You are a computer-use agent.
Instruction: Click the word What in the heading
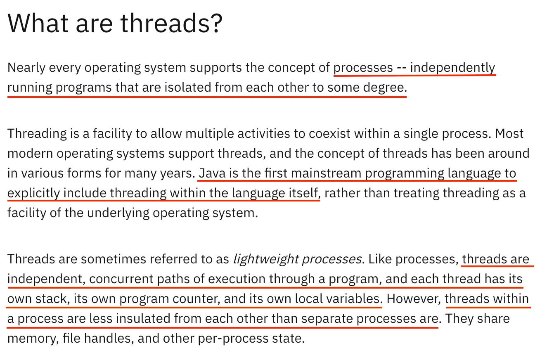[38, 23]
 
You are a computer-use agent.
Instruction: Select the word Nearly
[26, 68]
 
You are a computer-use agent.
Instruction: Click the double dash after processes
[401, 68]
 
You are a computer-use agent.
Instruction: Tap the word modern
[30, 154]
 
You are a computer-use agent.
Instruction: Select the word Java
[212, 173]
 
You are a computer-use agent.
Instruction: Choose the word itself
[305, 193]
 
